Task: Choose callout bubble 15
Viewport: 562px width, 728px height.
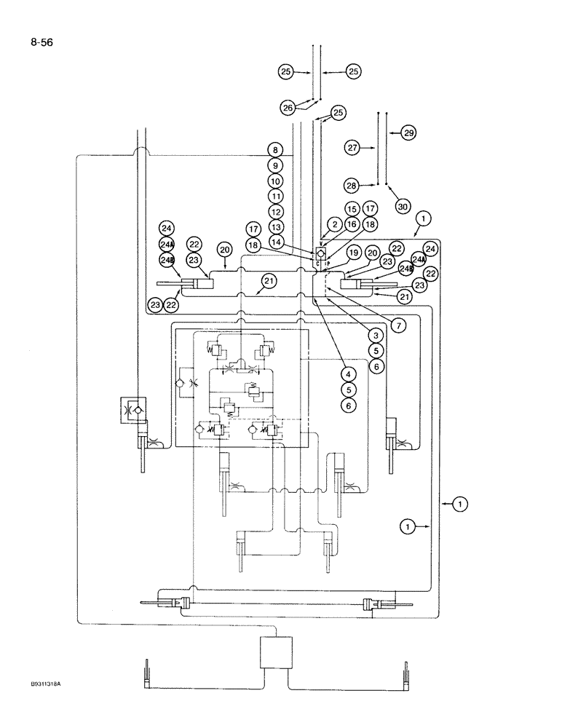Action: point(352,209)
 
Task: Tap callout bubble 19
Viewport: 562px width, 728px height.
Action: point(354,253)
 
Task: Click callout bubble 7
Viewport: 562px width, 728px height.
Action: point(397,325)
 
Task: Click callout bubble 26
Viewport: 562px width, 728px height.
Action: point(288,108)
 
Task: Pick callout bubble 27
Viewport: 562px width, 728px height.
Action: point(353,148)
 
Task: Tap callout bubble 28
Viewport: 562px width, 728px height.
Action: point(353,185)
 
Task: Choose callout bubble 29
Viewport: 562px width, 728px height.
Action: point(408,133)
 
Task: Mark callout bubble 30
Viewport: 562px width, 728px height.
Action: point(403,207)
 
